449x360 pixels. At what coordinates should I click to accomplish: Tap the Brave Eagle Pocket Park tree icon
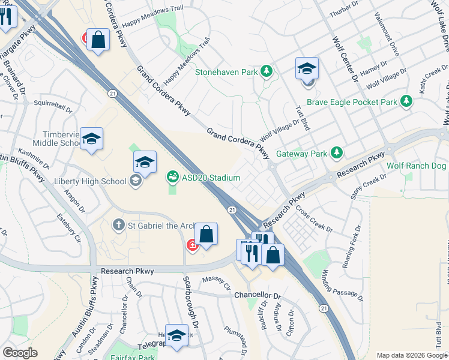click(x=408, y=101)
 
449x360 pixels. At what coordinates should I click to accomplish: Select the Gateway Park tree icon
click(x=337, y=153)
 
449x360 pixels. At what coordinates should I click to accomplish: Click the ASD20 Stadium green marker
click(x=172, y=177)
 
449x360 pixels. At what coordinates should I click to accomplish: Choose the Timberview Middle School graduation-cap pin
click(x=91, y=139)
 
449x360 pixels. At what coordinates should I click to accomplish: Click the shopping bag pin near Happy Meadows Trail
click(x=98, y=41)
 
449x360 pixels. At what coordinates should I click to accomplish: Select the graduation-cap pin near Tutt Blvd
click(x=306, y=69)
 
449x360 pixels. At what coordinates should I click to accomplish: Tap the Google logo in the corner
click(x=20, y=353)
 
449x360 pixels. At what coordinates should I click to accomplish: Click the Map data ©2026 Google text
click(x=412, y=355)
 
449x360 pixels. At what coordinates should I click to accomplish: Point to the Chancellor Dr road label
click(x=258, y=296)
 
